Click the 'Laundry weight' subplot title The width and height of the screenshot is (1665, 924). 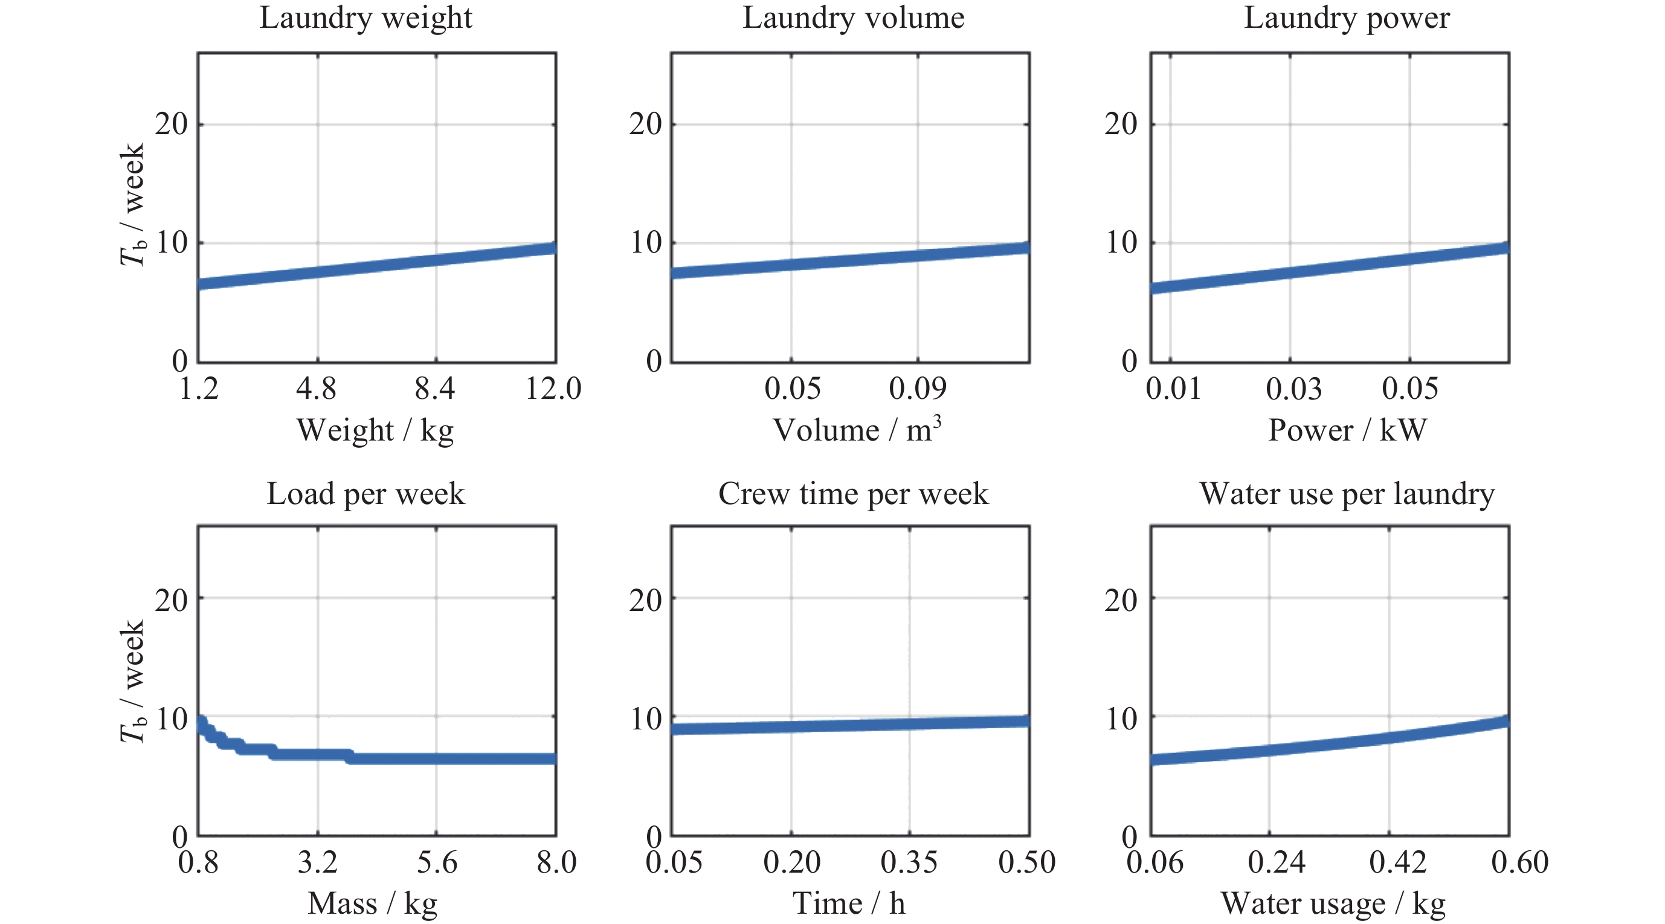[x=366, y=18]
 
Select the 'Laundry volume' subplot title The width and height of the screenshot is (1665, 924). [x=853, y=18]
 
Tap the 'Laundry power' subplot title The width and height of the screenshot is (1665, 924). [x=1347, y=18]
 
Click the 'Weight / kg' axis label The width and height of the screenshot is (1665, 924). [x=375, y=431]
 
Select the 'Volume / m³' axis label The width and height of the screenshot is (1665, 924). [x=857, y=429]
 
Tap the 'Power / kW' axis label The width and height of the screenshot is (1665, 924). [x=1347, y=430]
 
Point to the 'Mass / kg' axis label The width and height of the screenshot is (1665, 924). [x=372, y=904]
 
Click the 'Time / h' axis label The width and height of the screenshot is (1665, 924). [x=849, y=903]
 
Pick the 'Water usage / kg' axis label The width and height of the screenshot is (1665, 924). [x=1333, y=904]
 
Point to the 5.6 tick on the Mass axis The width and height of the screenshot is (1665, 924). [x=436, y=862]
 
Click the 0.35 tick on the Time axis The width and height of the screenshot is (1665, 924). [x=909, y=862]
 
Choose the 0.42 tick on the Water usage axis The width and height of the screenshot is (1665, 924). [x=1397, y=862]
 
